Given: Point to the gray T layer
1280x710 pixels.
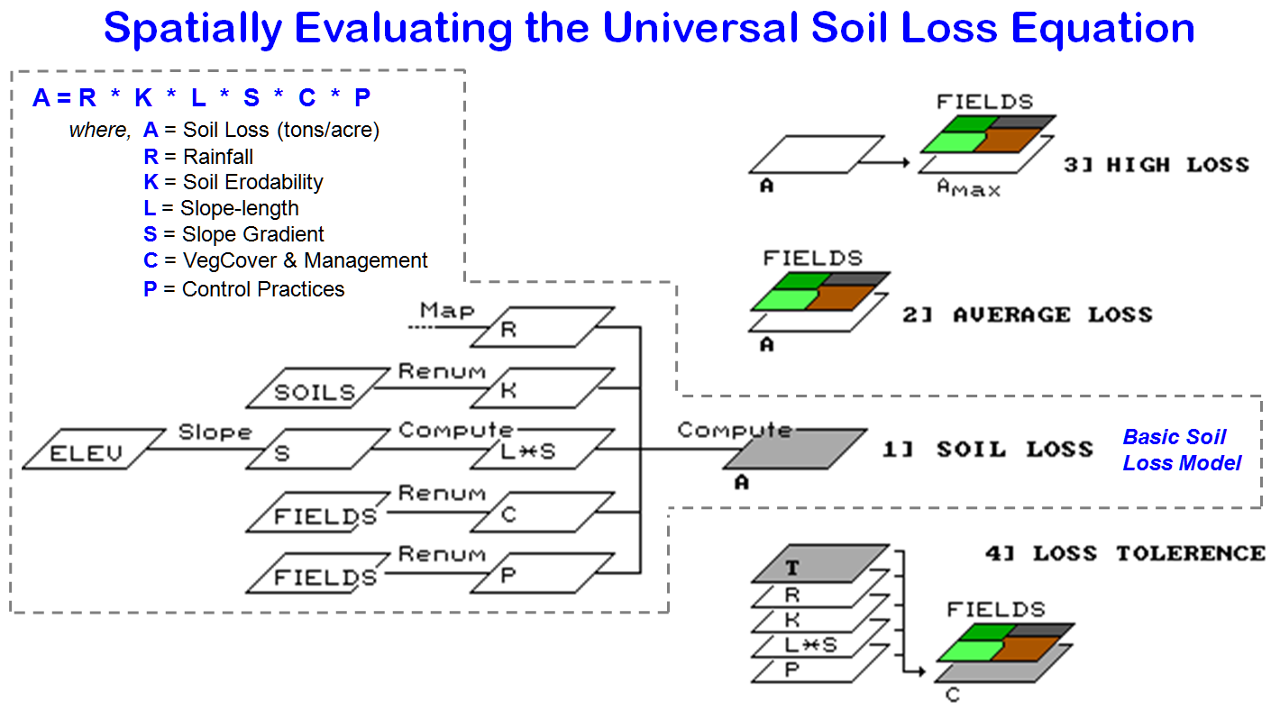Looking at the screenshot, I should (x=821, y=564).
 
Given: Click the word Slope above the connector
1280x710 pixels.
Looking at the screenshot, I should (x=215, y=432).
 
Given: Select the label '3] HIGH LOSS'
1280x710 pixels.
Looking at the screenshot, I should (x=1156, y=165).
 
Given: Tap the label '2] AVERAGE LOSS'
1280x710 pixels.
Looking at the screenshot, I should (x=1027, y=315).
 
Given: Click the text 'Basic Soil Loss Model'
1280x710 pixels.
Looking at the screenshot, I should (x=1181, y=451).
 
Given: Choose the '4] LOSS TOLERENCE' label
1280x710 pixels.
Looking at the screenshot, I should (x=1125, y=553).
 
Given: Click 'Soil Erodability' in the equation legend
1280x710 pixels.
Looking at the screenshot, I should (x=252, y=182).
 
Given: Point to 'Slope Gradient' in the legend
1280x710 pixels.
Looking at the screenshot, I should (x=252, y=234).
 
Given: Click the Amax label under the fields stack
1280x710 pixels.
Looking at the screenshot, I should (x=967, y=187).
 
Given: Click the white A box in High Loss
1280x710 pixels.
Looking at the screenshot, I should (x=817, y=154).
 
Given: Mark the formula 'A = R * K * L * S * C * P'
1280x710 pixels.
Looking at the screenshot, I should (x=202, y=97).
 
